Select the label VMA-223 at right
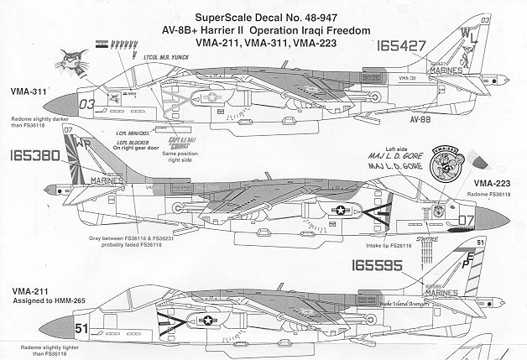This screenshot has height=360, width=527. (x=496, y=182)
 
